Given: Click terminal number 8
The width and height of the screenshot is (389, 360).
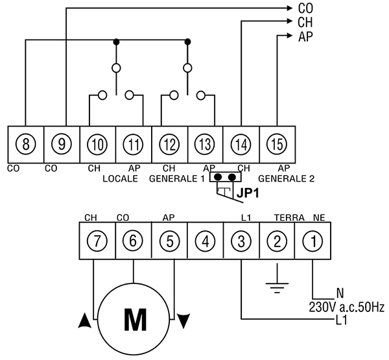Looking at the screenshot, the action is pyautogui.click(x=26, y=144).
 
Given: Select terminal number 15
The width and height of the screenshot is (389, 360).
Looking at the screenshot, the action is pyautogui.click(x=277, y=144).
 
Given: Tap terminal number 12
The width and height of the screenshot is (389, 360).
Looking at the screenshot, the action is pyautogui.click(x=169, y=144).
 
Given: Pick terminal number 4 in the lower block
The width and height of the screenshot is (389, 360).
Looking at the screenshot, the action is pyautogui.click(x=206, y=241).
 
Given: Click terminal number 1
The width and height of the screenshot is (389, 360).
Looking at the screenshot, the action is pyautogui.click(x=313, y=241).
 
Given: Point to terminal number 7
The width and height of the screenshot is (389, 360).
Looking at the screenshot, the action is pyautogui.click(x=97, y=241).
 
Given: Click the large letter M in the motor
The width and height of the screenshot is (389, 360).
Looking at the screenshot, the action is pyautogui.click(x=136, y=320).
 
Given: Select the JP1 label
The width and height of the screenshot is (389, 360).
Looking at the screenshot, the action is pyautogui.click(x=248, y=193).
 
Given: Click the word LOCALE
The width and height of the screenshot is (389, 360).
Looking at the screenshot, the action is pyautogui.click(x=121, y=179).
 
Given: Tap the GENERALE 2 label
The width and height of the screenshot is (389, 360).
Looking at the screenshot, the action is pyautogui.click(x=287, y=179).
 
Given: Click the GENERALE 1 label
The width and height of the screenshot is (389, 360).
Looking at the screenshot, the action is pyautogui.click(x=177, y=179).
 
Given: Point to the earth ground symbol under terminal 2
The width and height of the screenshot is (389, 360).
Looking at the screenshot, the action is pyautogui.click(x=277, y=278).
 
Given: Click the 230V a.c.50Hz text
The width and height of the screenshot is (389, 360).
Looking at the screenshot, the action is pyautogui.click(x=347, y=307).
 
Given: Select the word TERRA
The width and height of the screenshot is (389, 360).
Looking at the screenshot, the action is pyautogui.click(x=289, y=218).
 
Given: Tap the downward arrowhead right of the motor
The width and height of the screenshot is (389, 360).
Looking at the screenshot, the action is pyautogui.click(x=183, y=321).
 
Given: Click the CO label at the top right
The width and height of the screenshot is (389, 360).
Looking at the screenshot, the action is pyautogui.click(x=305, y=8).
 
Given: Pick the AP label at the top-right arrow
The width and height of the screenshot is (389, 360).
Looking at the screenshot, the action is pyautogui.click(x=305, y=37).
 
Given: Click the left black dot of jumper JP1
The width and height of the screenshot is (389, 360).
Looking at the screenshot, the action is pyautogui.click(x=218, y=177).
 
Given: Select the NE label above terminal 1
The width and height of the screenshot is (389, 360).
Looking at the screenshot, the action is pyautogui.click(x=319, y=218).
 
